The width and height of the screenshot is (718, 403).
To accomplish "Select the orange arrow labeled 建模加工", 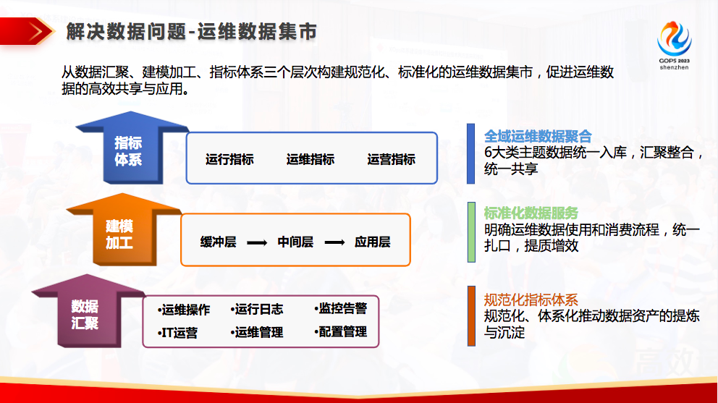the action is pyautogui.click(x=124, y=229).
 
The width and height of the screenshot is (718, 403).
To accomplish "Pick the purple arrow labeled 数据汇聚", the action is pyautogui.click(x=88, y=310).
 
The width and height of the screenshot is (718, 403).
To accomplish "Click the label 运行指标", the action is pyautogui.click(x=229, y=159).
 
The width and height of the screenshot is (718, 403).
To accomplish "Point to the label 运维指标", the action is pyautogui.click(x=311, y=159).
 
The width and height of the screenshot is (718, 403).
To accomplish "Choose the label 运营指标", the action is pyautogui.click(x=391, y=159).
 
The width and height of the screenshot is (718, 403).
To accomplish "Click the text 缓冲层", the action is pyautogui.click(x=218, y=242).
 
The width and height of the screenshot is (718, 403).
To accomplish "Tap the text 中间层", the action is pyautogui.click(x=295, y=242).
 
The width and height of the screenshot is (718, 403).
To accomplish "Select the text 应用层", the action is pyautogui.click(x=372, y=242).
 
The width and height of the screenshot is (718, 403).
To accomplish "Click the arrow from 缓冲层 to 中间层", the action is pyautogui.click(x=257, y=242).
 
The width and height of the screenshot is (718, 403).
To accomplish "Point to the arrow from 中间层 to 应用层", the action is pyautogui.click(x=334, y=242).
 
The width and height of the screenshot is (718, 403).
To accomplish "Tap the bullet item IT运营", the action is pyautogui.click(x=177, y=333).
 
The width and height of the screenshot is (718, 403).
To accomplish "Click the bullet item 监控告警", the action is pyautogui.click(x=341, y=309).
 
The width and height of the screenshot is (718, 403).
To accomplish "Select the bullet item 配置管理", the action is pyautogui.click(x=341, y=332).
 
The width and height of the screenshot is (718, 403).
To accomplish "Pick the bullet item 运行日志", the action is pyautogui.click(x=257, y=310).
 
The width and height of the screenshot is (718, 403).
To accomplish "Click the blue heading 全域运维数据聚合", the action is pyautogui.click(x=538, y=137).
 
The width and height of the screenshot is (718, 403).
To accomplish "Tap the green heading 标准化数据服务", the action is pyautogui.click(x=531, y=213).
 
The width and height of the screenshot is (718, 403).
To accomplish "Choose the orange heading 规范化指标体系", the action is pyautogui.click(x=531, y=300).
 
